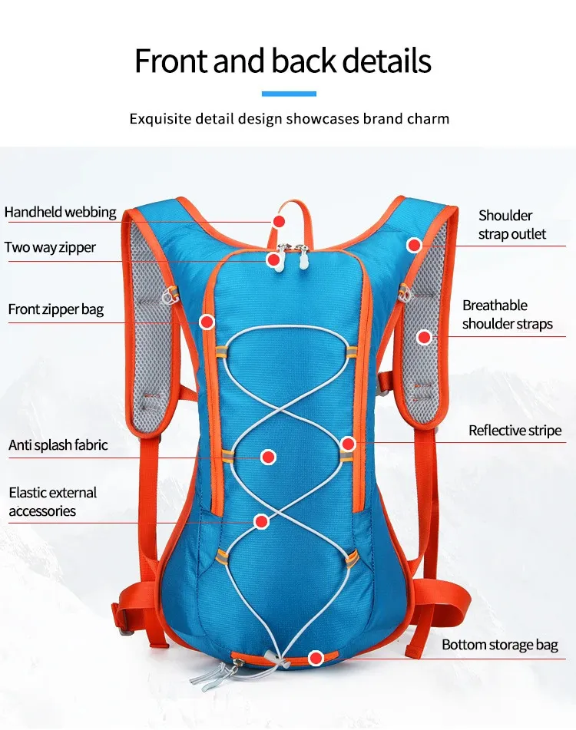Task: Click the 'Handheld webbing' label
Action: click(61, 212)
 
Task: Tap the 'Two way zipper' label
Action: click(51, 247)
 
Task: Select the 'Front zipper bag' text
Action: click(56, 309)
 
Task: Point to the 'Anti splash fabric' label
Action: click(58, 444)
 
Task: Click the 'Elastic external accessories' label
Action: click(53, 501)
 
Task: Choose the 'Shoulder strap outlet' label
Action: click(512, 224)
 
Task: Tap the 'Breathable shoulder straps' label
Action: click(507, 315)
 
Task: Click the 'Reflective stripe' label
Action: click(515, 431)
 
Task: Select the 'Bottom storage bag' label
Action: click(500, 645)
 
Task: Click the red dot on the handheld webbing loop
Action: click(279, 221)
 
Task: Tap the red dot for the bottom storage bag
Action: click(315, 658)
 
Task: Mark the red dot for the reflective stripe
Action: click(348, 443)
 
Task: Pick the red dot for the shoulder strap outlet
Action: click(414, 245)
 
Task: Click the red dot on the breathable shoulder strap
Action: click(424, 336)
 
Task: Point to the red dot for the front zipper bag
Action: click(207, 322)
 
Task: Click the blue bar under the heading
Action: click(289, 94)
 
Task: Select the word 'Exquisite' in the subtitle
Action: click(160, 119)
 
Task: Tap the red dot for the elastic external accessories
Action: click(261, 522)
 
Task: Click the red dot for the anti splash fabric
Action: click(268, 457)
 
